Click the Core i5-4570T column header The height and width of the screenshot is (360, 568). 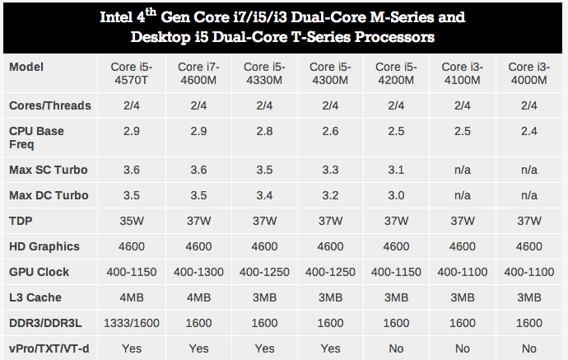click(132, 73)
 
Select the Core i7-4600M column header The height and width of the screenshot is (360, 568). click(198, 73)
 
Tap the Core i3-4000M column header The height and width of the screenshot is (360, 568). click(528, 73)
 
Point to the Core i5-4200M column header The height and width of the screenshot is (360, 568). click(396, 73)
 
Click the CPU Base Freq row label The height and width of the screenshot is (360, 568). click(36, 138)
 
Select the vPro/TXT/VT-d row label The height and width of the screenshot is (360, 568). click(49, 348)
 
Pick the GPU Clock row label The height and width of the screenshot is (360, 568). click(39, 272)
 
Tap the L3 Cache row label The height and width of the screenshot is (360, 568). click(35, 297)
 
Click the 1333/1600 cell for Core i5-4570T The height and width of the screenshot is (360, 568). click(132, 324)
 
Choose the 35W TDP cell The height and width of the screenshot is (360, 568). click(132, 221)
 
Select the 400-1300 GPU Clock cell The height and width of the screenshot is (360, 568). click(198, 272)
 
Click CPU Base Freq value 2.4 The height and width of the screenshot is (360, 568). click(528, 132)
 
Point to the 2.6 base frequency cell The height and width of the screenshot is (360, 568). click(330, 132)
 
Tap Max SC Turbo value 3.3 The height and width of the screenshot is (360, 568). click(330, 170)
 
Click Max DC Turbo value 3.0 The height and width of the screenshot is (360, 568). click(396, 195)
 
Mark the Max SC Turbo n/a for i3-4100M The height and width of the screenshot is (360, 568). click(462, 170)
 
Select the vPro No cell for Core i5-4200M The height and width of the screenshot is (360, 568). click(396, 348)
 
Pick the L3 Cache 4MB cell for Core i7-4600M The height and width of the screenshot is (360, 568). click(198, 297)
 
